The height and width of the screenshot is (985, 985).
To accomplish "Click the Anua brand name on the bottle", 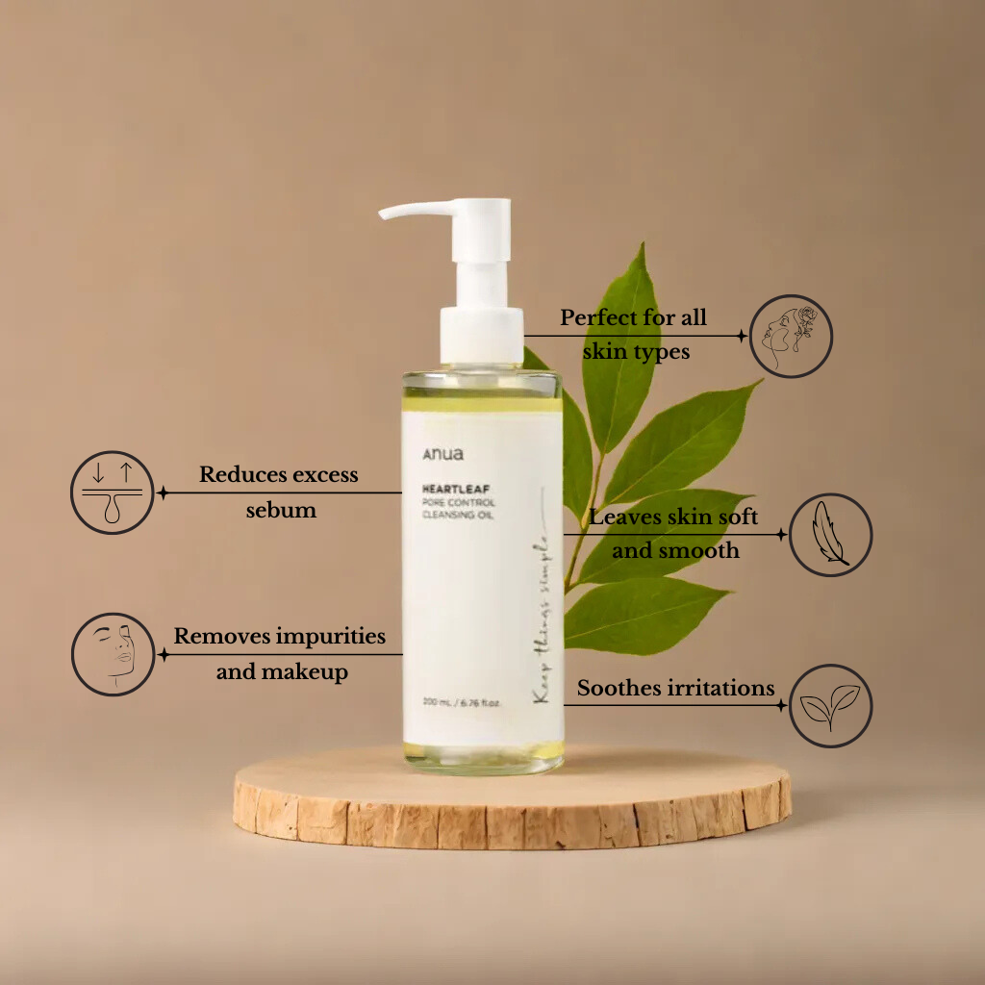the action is click(x=442, y=454).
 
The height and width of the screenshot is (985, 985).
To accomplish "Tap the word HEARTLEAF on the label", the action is click(x=456, y=489).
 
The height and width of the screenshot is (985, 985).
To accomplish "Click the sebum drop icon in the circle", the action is click(x=113, y=492).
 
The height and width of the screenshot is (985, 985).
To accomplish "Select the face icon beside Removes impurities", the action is click(x=114, y=654).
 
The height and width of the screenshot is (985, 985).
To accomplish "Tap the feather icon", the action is click(x=830, y=535).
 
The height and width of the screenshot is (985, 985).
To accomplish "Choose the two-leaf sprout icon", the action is click(x=830, y=705).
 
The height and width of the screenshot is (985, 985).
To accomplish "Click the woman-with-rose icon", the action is click(x=792, y=336).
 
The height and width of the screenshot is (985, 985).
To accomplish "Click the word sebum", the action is click(x=281, y=510).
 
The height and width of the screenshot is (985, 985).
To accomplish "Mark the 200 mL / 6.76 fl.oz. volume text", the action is click(x=462, y=703).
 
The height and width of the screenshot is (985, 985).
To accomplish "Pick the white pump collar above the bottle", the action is click(x=482, y=336).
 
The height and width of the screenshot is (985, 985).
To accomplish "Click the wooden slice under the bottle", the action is click(x=512, y=797).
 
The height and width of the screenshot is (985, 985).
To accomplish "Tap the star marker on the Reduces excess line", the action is click(x=163, y=493).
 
